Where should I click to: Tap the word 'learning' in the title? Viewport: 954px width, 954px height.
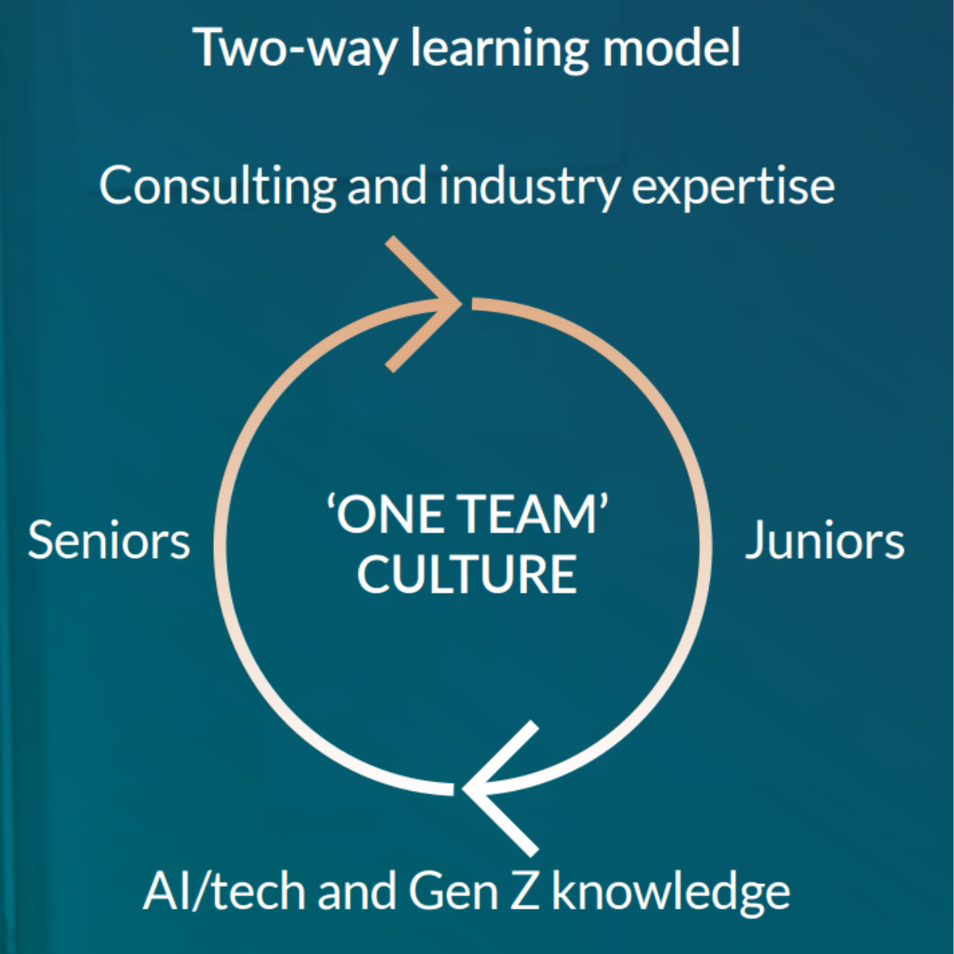(498, 49)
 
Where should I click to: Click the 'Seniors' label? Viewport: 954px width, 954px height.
(109, 541)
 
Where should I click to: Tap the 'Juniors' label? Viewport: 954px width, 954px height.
(824, 541)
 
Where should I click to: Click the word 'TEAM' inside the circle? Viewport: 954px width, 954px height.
(529, 514)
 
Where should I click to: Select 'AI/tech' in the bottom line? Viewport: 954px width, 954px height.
(225, 891)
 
